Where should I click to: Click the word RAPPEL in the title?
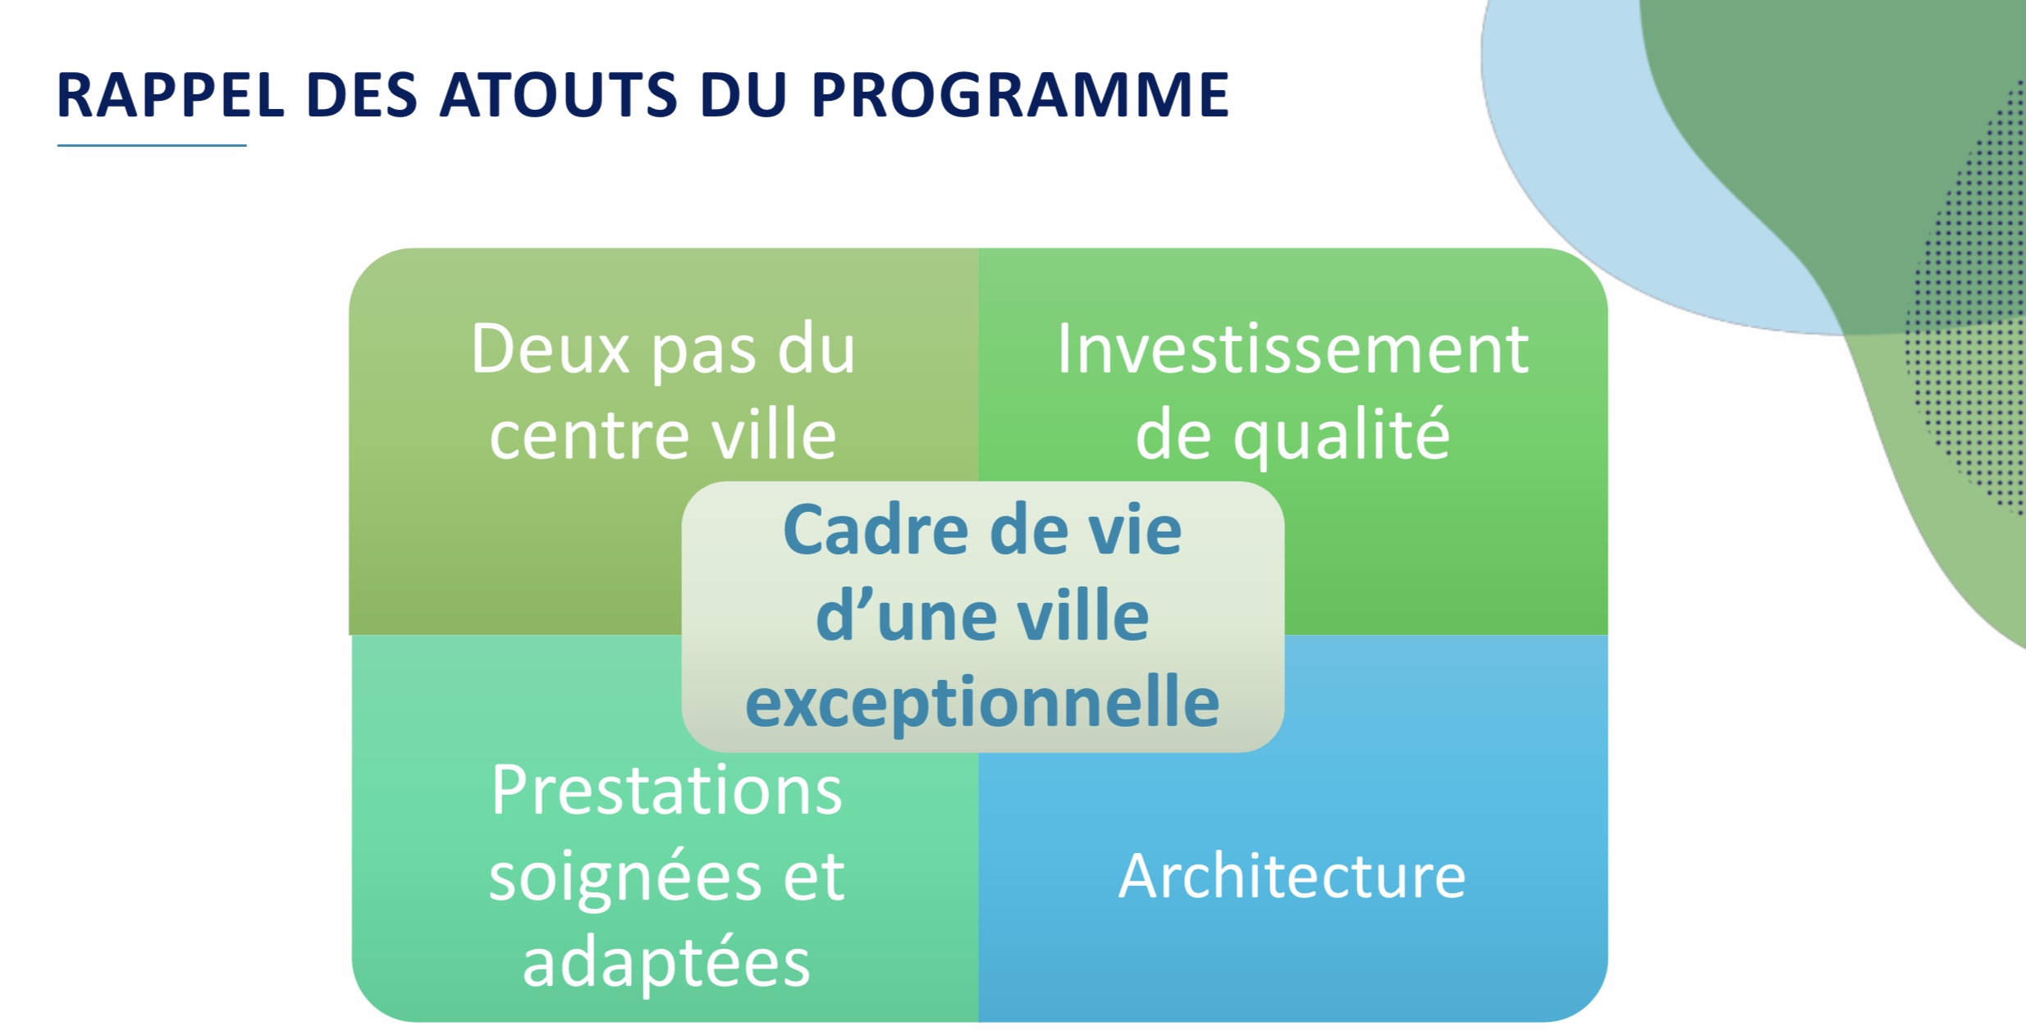point(171,95)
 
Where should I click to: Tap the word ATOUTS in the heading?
point(559,95)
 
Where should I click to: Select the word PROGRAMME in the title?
point(1020,95)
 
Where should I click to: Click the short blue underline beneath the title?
point(152,146)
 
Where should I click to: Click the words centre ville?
point(663,436)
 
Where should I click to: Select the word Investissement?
point(1292,349)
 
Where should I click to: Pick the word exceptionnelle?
point(982,703)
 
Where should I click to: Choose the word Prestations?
point(667,790)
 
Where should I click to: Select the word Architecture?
point(1292,876)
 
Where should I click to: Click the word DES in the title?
point(362,95)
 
